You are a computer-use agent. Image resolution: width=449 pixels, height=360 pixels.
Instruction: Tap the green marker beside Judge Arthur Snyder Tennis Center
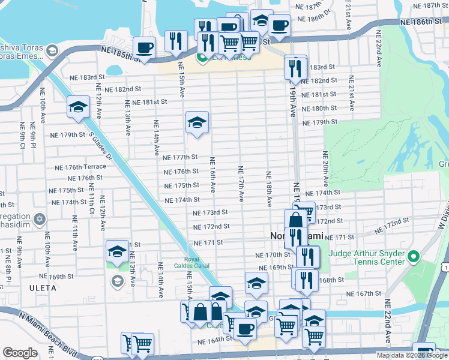412,258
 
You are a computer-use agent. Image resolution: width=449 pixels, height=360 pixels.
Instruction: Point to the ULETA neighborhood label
41,288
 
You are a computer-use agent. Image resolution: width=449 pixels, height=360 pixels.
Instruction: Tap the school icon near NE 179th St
197,123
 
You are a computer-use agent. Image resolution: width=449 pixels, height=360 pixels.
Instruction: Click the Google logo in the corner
20,353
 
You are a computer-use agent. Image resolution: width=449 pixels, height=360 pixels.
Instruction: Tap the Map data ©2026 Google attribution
411,355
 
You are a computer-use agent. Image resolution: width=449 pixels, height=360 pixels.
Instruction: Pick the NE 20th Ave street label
326,169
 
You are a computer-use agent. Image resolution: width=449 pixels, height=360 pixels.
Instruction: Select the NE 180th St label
319,108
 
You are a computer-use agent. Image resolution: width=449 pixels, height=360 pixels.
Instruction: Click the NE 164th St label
215,340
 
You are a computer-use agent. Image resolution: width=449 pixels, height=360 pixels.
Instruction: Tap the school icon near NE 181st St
78,107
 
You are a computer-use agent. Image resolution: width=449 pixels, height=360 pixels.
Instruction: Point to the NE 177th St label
180,157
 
